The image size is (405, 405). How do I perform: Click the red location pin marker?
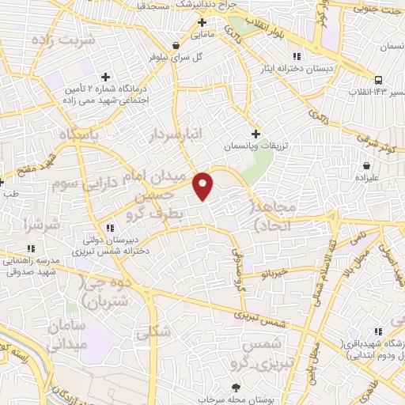[x=204, y=185]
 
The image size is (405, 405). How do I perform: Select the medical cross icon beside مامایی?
[x=202, y=22]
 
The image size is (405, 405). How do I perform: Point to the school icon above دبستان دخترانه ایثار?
[x=297, y=56]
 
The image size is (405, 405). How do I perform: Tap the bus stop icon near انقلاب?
[x=379, y=79]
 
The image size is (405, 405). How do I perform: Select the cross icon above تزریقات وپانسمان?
[x=255, y=134]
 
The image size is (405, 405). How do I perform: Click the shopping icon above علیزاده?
[x=367, y=165]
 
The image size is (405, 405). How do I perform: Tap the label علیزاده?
[x=367, y=179]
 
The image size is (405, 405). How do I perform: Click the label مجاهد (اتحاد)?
[x=273, y=216]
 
